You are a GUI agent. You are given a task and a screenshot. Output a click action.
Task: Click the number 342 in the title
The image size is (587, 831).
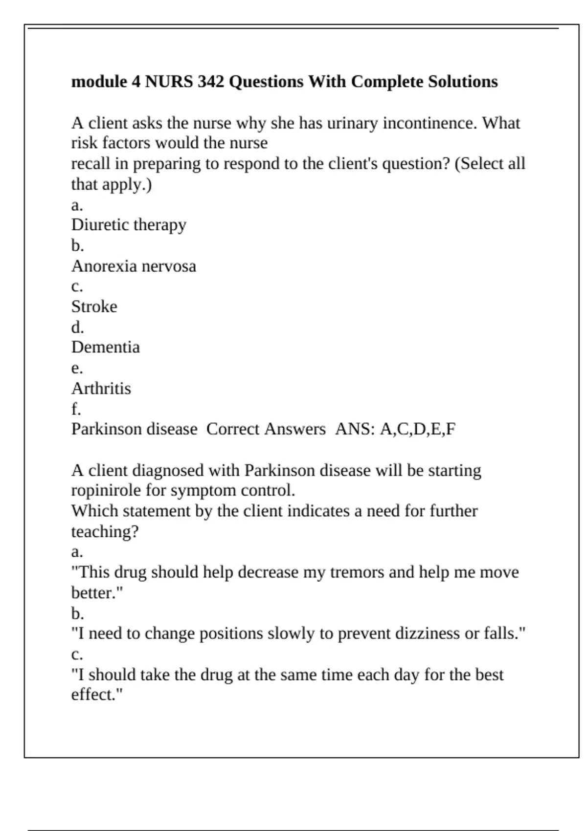point(211,81)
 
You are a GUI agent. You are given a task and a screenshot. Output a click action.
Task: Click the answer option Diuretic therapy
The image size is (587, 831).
point(129,225)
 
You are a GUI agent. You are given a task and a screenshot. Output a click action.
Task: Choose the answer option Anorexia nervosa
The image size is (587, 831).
point(134,266)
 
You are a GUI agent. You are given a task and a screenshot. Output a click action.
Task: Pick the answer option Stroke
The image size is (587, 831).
point(94,306)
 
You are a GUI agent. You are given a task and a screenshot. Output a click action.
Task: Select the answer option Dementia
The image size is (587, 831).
point(106,347)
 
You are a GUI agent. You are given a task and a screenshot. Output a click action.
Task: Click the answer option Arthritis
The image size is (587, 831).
point(101,388)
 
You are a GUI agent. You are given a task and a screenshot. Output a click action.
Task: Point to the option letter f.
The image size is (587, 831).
point(76,409)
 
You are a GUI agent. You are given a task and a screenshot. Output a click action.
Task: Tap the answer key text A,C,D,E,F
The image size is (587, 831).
point(417,429)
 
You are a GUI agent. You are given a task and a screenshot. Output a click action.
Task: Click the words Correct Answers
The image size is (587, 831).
point(266,429)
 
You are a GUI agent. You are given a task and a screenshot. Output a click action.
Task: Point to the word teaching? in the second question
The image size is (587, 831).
point(105,531)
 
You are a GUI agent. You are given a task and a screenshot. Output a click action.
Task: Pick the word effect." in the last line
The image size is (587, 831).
point(97,695)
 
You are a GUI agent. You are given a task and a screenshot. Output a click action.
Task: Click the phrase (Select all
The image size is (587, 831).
point(490,164)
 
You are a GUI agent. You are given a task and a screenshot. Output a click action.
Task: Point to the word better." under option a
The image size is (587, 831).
point(97,593)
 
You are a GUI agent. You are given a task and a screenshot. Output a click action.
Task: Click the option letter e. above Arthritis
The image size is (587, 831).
point(77,368)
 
